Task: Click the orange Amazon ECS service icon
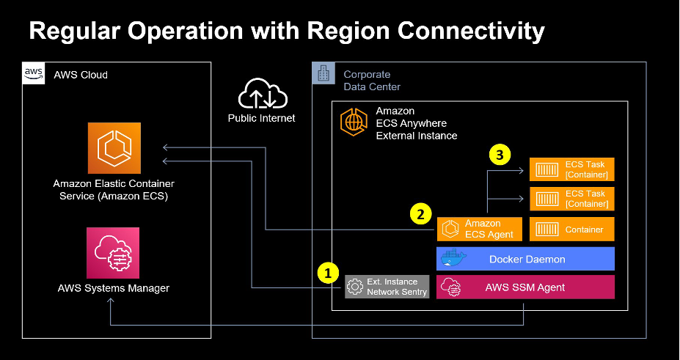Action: (x=114, y=149)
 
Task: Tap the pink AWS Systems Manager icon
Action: (x=113, y=253)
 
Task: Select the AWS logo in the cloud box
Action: (x=34, y=73)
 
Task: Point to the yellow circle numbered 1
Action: (x=328, y=273)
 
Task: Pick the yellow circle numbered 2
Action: (x=420, y=215)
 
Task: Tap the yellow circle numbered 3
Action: (x=500, y=155)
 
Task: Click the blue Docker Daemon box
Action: (x=525, y=260)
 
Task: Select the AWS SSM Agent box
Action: (x=525, y=287)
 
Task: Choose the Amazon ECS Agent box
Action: (x=480, y=229)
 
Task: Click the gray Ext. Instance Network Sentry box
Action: (x=387, y=287)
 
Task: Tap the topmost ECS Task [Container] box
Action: (x=571, y=169)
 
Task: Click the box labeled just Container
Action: (x=571, y=229)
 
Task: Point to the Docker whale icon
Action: (x=453, y=259)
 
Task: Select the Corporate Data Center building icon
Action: (x=323, y=73)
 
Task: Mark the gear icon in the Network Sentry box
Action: (x=356, y=287)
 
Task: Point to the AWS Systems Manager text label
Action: (x=113, y=288)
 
